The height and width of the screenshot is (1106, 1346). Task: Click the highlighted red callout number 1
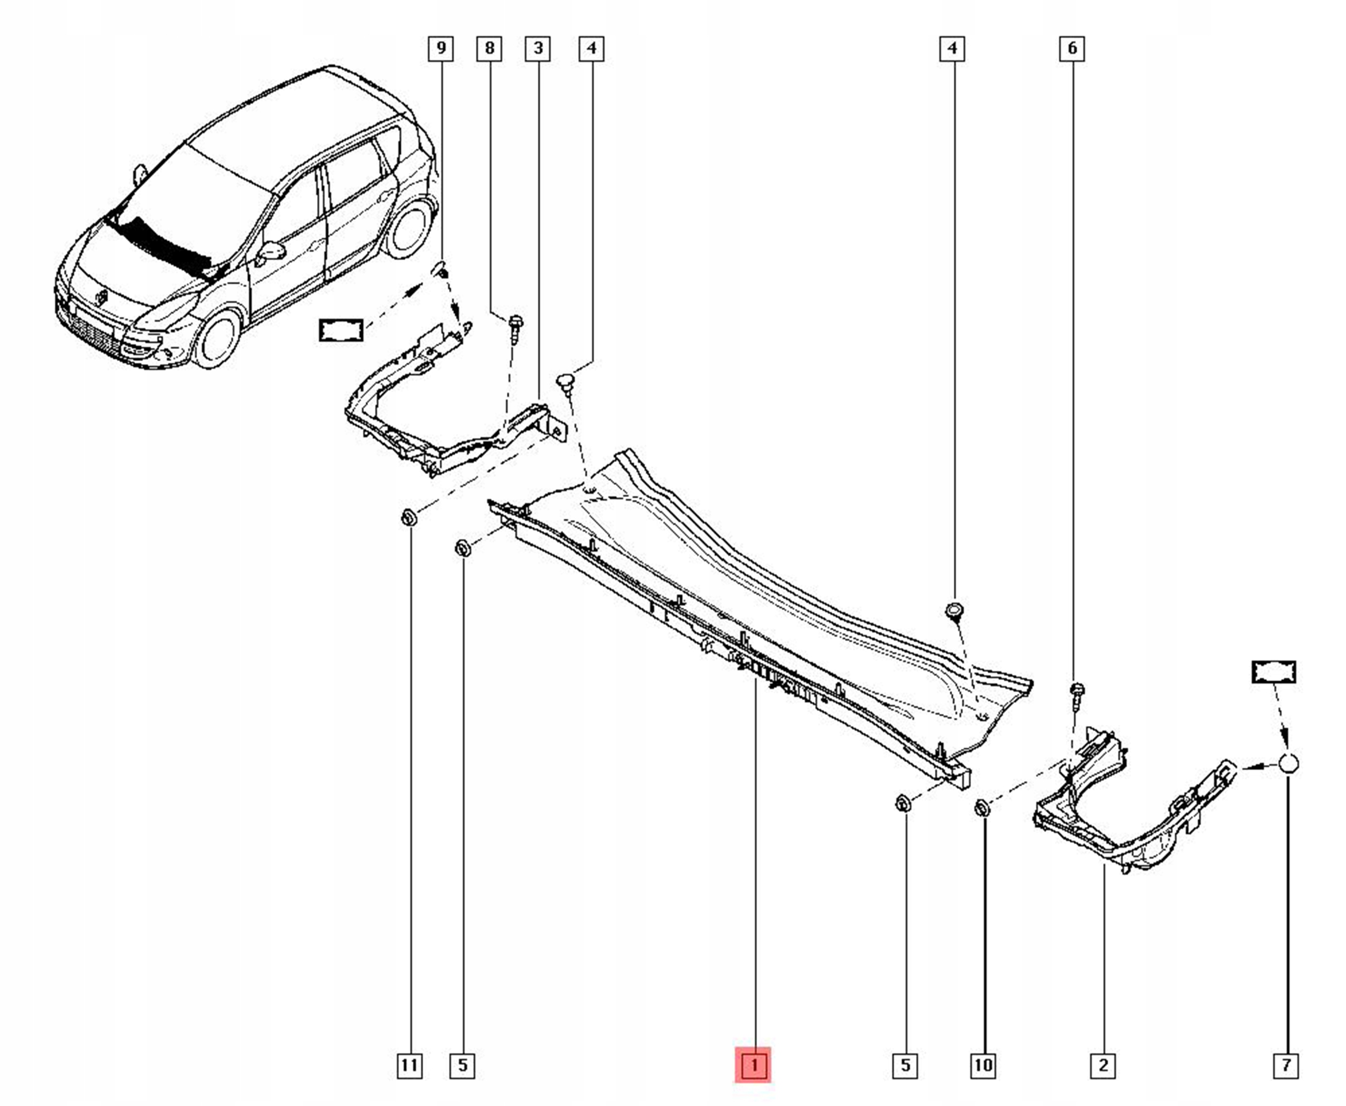click(x=753, y=1064)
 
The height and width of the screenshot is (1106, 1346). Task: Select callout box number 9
click(x=441, y=48)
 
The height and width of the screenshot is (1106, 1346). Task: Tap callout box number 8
click(x=490, y=48)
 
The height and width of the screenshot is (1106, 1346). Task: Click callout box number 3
click(x=538, y=48)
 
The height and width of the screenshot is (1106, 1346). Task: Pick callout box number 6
click(x=1072, y=48)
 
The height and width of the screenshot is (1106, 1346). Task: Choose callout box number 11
click(x=409, y=1065)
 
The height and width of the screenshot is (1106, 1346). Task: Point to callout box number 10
click(x=983, y=1065)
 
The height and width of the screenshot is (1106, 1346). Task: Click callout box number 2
click(x=1103, y=1065)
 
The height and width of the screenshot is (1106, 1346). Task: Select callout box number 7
click(x=1286, y=1065)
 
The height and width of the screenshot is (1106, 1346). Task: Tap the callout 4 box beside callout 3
click(x=592, y=48)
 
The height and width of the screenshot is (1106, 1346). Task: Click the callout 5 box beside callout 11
click(x=463, y=1065)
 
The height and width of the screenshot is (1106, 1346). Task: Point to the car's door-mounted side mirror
click(x=271, y=251)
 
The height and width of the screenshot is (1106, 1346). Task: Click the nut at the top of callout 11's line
click(x=409, y=517)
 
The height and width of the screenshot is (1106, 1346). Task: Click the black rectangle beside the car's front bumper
click(x=341, y=331)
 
